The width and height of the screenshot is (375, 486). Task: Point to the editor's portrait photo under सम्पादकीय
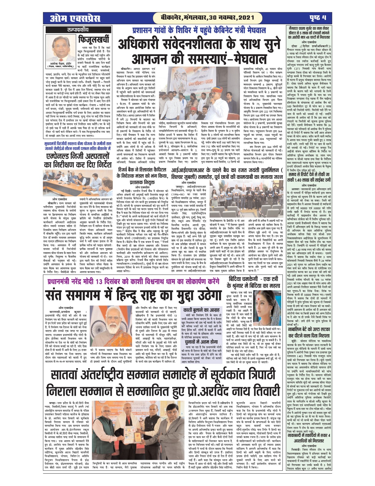(60, 49)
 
